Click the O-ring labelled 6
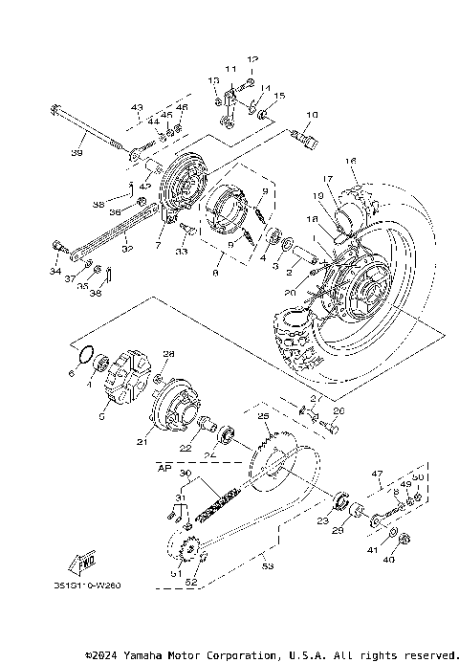click(x=85, y=357)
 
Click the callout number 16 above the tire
click(x=350, y=160)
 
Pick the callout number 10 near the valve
click(x=310, y=115)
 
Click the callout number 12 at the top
click(x=252, y=59)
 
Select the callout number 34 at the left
click(x=54, y=272)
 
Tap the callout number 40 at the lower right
click(x=388, y=561)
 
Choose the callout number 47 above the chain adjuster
click(x=377, y=474)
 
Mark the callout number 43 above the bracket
click(x=136, y=107)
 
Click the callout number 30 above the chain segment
click(x=186, y=475)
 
